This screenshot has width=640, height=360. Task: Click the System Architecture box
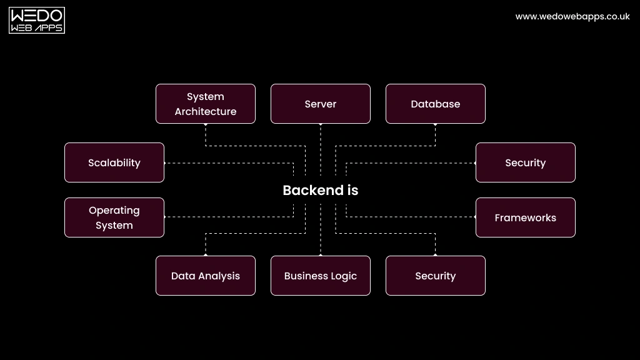(x=205, y=104)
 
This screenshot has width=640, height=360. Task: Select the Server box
(x=320, y=104)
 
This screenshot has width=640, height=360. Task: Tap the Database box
(x=435, y=104)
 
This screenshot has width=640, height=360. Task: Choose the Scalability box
(x=114, y=162)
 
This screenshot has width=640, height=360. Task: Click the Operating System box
(x=114, y=217)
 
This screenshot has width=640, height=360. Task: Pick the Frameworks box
(x=525, y=217)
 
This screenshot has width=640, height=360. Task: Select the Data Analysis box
(x=205, y=276)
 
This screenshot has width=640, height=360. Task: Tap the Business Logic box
(x=320, y=276)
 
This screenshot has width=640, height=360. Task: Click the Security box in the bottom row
(x=435, y=276)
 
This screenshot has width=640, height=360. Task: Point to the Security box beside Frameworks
(x=525, y=162)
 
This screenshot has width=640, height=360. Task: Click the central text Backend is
(x=320, y=191)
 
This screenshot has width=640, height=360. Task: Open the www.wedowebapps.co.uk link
(x=572, y=17)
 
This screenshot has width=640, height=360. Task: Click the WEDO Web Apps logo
(x=37, y=21)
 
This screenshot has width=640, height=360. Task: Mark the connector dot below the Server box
(x=321, y=124)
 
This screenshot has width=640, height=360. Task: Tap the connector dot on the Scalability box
(x=164, y=163)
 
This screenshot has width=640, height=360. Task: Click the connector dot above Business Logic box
(x=321, y=255)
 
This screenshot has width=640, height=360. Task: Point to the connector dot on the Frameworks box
(x=475, y=217)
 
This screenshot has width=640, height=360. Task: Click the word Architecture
(x=205, y=112)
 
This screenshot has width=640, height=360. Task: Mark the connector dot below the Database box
(x=436, y=124)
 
